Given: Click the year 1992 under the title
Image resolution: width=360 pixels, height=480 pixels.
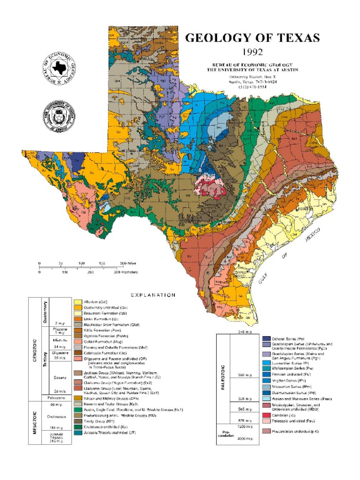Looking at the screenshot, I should (250, 51).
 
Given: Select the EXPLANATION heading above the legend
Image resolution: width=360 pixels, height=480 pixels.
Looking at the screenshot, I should (153, 295).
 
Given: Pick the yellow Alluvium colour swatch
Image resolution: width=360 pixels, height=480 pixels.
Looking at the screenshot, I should (78, 301).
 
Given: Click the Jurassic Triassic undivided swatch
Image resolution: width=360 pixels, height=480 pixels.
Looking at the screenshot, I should (78, 432).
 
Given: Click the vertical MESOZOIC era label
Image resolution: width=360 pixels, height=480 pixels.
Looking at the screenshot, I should (35, 422).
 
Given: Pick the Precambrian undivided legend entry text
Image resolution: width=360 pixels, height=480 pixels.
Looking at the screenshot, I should (295, 431).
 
